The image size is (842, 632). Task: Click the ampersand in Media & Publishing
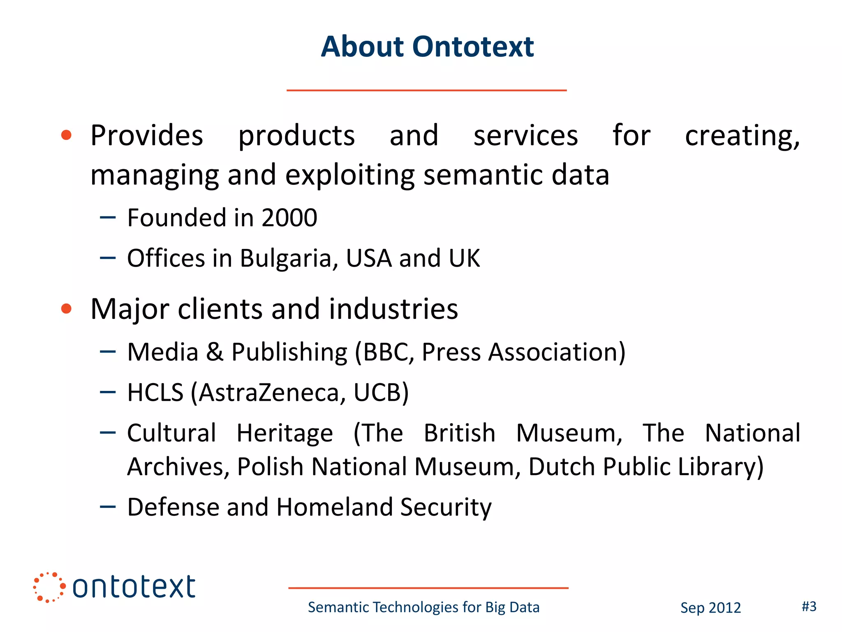tap(215, 352)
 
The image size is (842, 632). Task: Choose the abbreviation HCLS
tap(155, 393)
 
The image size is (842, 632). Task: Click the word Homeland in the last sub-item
tap(334, 507)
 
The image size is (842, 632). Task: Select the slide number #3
tap(809, 606)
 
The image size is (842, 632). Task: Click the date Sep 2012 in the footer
tap(710, 608)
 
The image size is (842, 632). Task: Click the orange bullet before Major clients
tap(66, 309)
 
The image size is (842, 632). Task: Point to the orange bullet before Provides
tap(66, 135)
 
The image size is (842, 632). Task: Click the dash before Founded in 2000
tap(108, 218)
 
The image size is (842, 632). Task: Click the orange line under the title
tap(426, 90)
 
